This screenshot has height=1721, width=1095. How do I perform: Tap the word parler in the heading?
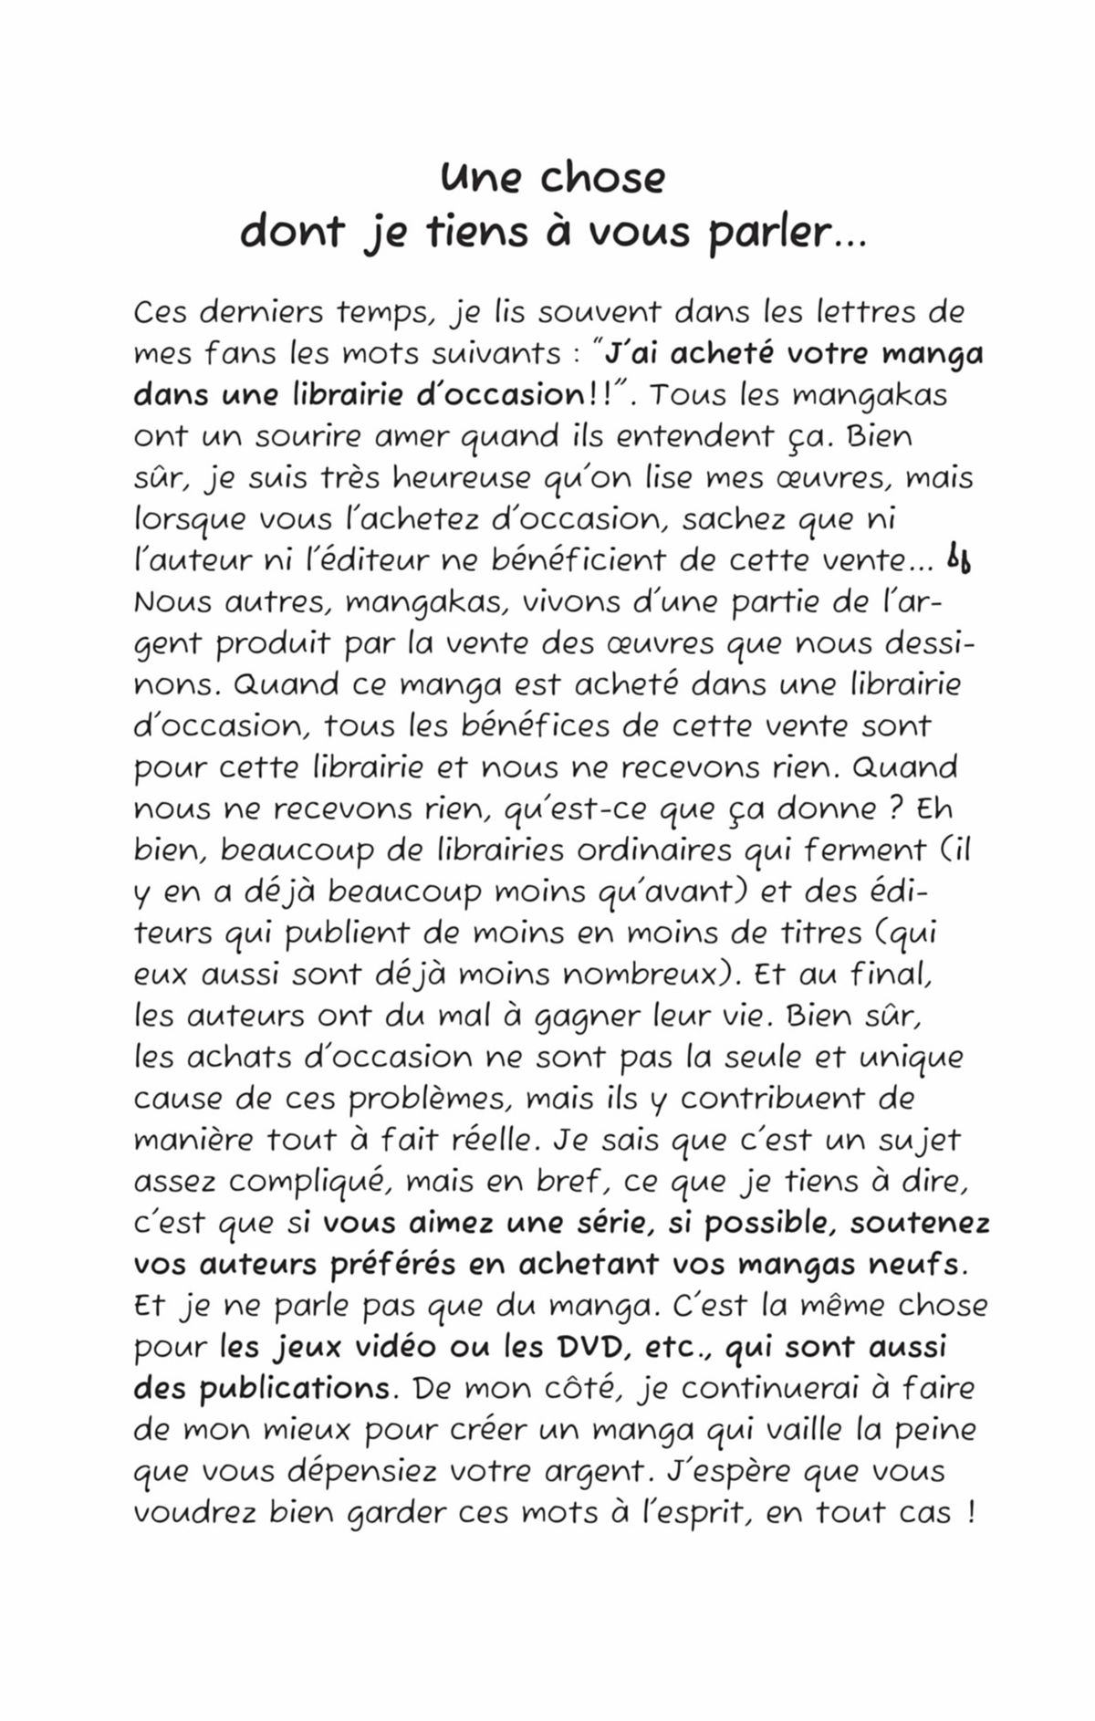tap(767, 233)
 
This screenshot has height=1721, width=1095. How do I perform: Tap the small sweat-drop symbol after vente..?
tap(958, 558)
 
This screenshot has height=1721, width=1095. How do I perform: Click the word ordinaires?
tap(654, 850)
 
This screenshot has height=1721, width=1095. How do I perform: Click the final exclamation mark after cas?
tap(968, 1512)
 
